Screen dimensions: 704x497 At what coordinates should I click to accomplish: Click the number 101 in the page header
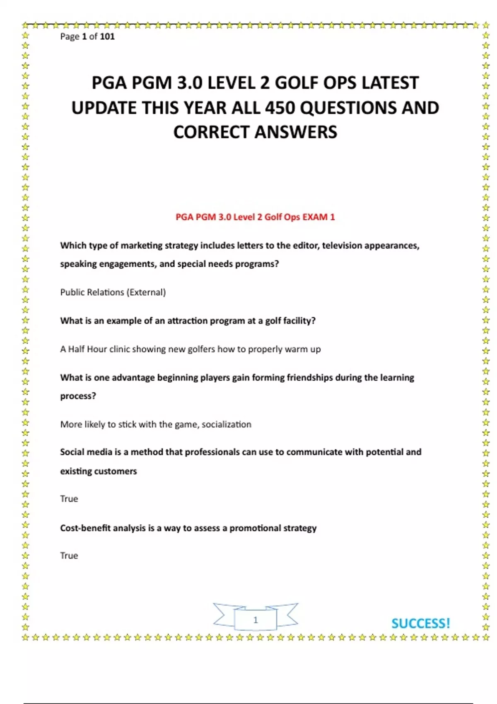107,36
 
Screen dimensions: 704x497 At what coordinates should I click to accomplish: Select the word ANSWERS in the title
296,132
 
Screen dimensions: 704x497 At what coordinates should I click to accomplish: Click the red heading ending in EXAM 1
255,217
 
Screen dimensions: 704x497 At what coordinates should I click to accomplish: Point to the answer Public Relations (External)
113,292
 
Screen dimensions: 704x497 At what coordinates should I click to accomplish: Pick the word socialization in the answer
226,424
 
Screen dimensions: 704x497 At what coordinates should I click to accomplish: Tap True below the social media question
69,499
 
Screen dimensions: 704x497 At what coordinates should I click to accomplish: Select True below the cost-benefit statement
69,556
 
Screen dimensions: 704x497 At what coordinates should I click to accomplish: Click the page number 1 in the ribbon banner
256,620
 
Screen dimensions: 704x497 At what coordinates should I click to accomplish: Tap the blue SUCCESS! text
420,624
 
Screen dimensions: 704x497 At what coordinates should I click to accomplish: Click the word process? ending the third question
78,396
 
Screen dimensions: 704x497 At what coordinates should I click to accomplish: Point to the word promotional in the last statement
255,528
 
